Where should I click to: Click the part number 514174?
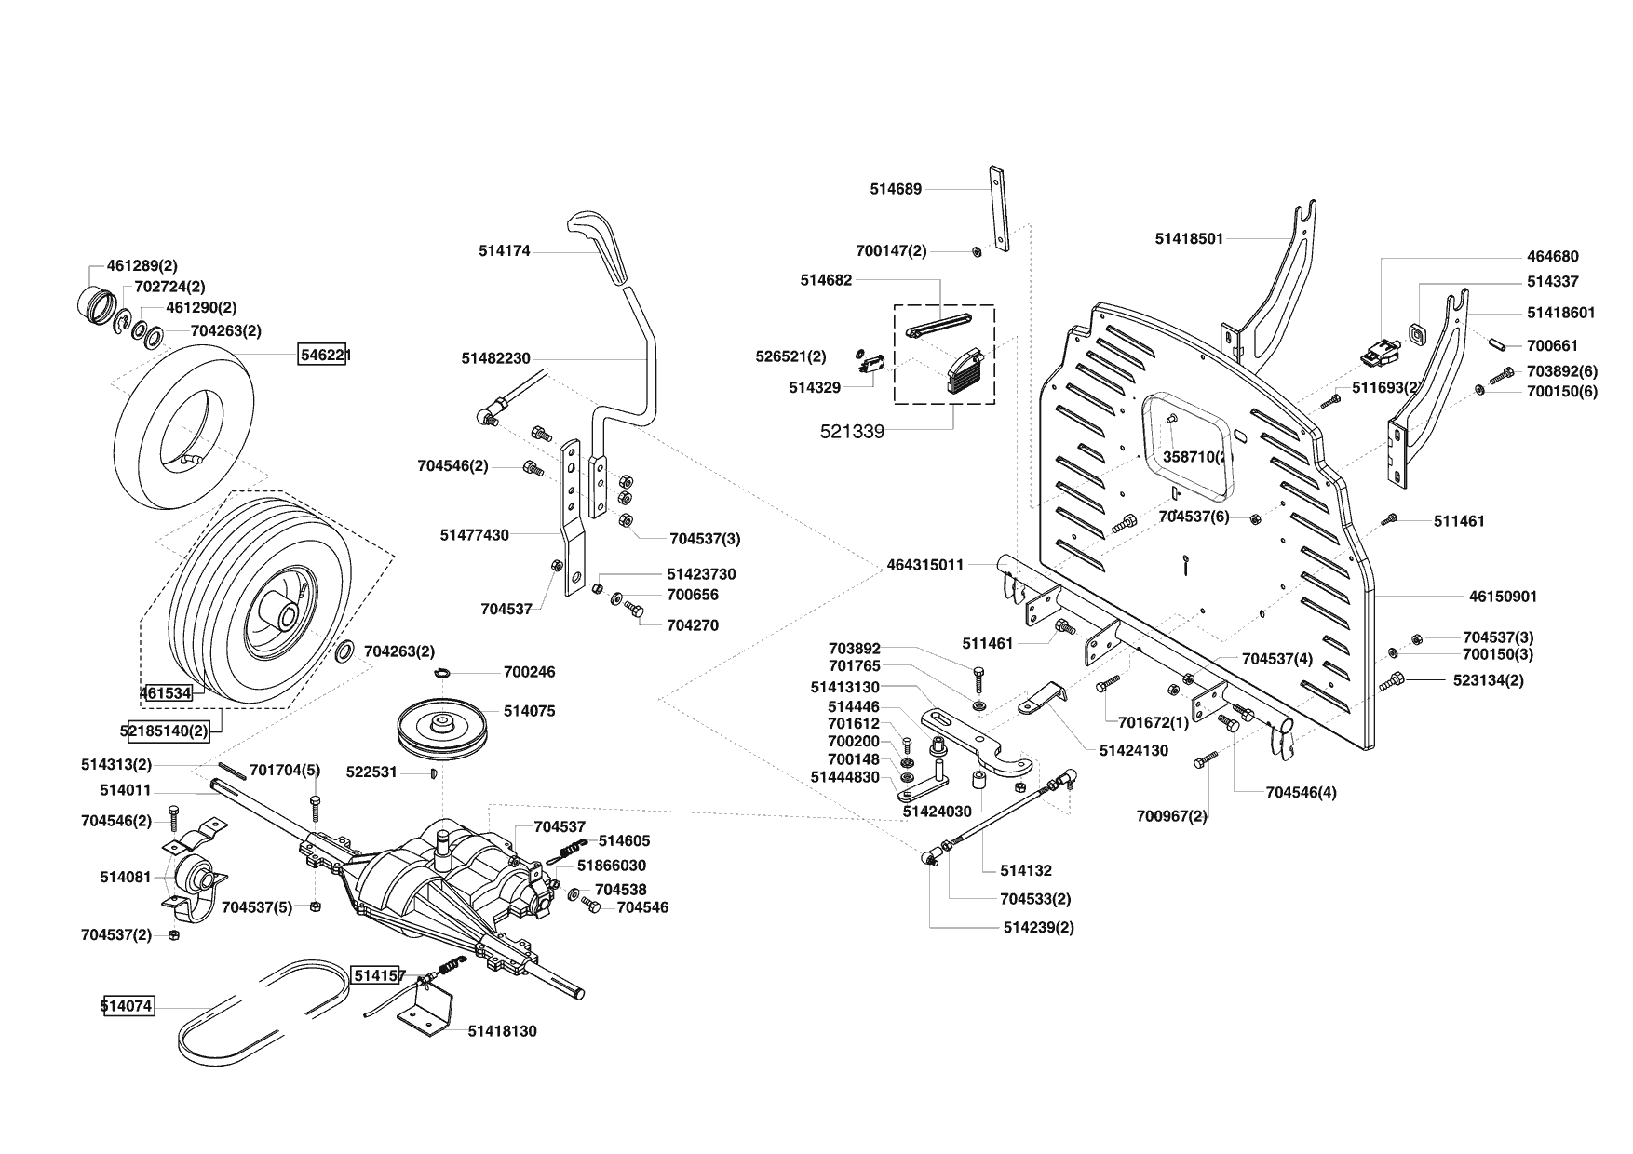pyautogui.click(x=505, y=251)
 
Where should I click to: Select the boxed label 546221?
pyautogui.click(x=322, y=355)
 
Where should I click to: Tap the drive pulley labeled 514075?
pyautogui.click(x=441, y=726)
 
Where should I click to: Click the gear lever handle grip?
pyautogui.click(x=598, y=244)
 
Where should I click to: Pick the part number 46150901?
pyautogui.click(x=1503, y=597)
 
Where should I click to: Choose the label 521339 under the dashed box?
pyautogui.click(x=852, y=431)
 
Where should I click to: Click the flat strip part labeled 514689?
pyautogui.click(x=998, y=208)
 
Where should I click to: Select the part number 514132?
pyautogui.click(x=1026, y=871)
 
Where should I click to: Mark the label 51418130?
pyautogui.click(x=502, y=1031)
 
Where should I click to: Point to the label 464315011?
pyautogui.click(x=925, y=565)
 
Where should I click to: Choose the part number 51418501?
pyautogui.click(x=1189, y=238)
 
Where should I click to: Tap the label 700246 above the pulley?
pyautogui.click(x=529, y=672)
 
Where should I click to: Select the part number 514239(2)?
pyautogui.click(x=1038, y=928)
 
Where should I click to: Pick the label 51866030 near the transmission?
pyautogui.click(x=611, y=865)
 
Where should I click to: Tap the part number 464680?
pyautogui.click(x=1553, y=257)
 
